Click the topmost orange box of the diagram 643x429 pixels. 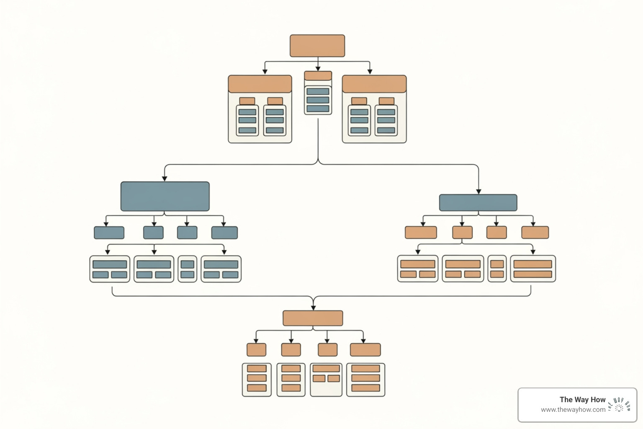(x=317, y=46)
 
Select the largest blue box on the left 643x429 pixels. (x=165, y=196)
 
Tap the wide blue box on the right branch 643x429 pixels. (x=478, y=203)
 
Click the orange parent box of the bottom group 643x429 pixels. (x=313, y=318)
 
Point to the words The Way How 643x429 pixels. (x=582, y=400)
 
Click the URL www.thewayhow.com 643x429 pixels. (x=573, y=410)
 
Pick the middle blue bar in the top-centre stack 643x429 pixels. (x=318, y=100)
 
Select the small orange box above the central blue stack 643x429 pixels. (x=318, y=76)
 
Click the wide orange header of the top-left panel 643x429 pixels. (x=260, y=84)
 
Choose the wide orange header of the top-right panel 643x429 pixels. (x=374, y=84)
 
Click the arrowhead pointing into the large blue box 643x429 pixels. (x=165, y=179)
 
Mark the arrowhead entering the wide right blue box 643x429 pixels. (x=478, y=192)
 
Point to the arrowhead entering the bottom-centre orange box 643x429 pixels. (x=313, y=308)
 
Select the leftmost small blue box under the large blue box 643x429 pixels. (x=109, y=233)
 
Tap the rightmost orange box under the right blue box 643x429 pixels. (x=535, y=233)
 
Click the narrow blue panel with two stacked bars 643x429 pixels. (x=187, y=269)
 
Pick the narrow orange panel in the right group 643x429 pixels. (x=497, y=269)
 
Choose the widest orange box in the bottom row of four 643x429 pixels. (x=365, y=350)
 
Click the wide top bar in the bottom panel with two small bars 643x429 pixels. (x=326, y=369)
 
